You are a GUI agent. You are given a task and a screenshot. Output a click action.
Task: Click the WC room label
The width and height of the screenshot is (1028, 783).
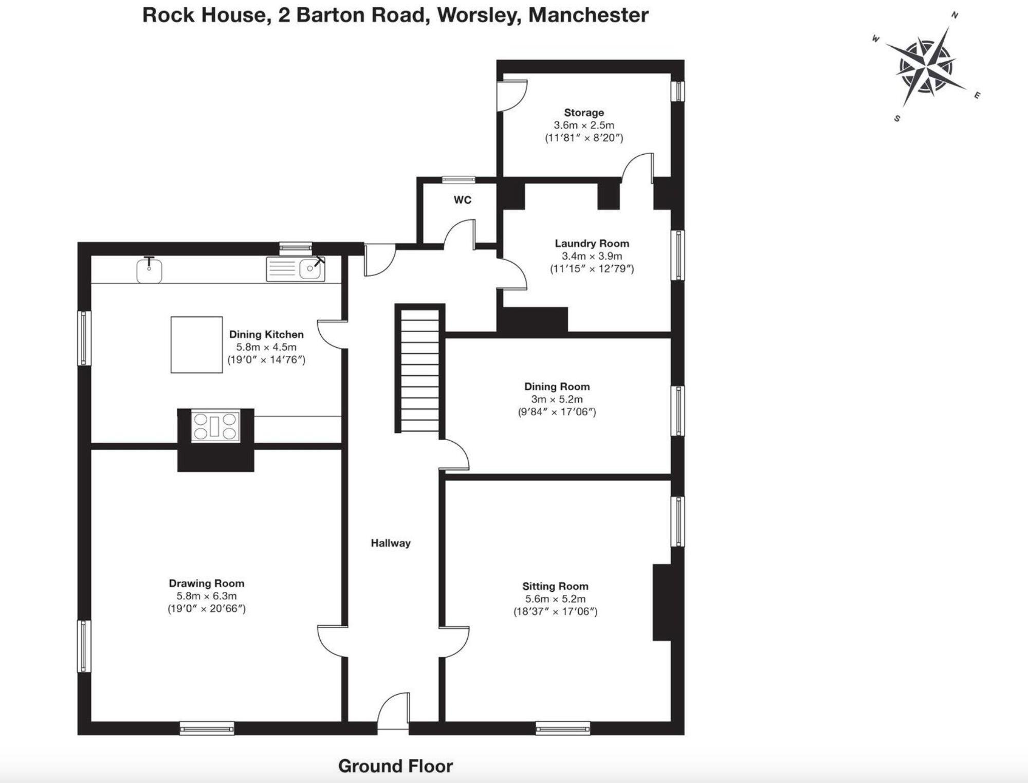point(463,200)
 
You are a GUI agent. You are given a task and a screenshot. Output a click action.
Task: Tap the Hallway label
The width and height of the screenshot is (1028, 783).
point(391,543)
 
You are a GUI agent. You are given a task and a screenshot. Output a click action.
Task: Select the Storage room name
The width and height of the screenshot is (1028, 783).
point(584,112)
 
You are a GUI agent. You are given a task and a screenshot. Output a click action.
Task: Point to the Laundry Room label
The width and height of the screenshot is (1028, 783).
point(592,243)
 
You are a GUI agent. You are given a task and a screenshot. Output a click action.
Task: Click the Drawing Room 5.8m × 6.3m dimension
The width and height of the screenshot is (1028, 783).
point(207,596)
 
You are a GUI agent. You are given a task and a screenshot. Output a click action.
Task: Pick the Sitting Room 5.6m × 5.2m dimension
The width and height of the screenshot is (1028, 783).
point(555,598)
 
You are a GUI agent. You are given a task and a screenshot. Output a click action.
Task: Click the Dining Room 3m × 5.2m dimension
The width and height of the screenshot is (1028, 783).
point(557,399)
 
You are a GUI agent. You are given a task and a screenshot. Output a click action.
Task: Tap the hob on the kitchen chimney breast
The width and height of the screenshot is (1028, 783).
point(215,426)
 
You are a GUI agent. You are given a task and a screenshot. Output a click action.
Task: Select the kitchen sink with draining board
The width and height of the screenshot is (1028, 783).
point(296,269)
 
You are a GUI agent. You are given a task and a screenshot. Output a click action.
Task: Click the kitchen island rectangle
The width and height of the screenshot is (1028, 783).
point(197,344)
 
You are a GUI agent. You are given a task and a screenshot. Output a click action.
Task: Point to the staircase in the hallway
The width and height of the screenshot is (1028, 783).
point(419,369)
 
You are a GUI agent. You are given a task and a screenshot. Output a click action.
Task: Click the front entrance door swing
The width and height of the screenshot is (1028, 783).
point(394,711)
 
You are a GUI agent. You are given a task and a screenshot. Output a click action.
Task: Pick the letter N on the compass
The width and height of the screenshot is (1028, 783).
point(954,15)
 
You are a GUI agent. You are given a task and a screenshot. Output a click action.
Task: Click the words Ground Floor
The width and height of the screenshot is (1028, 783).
point(396,766)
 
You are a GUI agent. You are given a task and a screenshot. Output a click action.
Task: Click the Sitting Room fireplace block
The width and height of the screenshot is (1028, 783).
point(662,603)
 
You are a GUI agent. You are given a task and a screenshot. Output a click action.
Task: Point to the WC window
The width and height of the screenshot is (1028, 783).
point(458,179)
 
